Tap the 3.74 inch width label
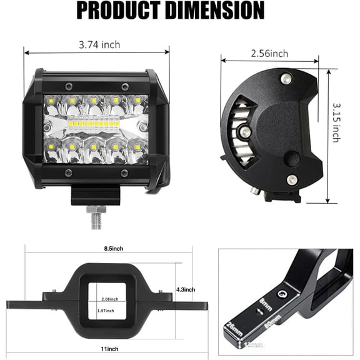100,44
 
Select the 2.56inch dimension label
269,54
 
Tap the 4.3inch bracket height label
186,289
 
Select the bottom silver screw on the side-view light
292,180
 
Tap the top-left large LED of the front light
51,101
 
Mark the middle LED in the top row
94,100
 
